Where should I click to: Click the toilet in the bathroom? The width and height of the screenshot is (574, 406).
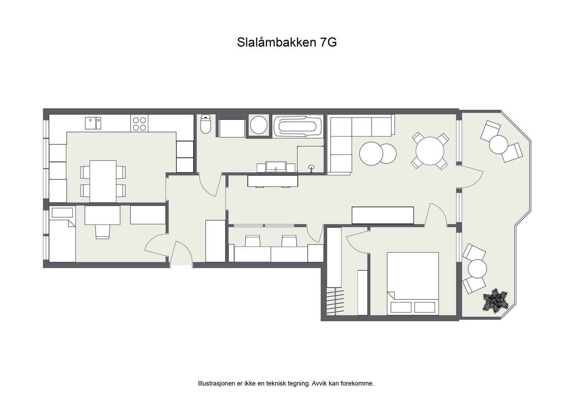point(205,124)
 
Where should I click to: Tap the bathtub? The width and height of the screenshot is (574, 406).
point(297,126)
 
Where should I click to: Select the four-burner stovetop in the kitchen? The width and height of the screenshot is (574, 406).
point(139,123)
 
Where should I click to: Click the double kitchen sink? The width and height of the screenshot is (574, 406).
point(93,123)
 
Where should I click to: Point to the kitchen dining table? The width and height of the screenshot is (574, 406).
point(103,181)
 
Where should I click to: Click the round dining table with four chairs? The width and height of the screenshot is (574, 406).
point(430,151)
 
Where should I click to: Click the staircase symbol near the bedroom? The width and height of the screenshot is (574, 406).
point(335,302)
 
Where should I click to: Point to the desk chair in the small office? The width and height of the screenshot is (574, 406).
point(102,231)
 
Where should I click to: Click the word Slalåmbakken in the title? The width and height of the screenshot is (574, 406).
point(276,42)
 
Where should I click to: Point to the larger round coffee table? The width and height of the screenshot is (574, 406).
point(371,154)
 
